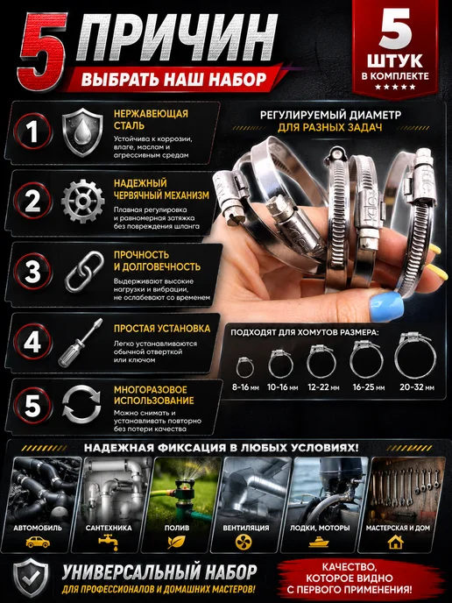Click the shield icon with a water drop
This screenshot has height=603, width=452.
82,132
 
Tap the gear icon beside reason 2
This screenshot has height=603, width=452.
82,202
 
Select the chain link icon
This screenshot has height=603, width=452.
84,272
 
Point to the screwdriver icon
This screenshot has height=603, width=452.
80,343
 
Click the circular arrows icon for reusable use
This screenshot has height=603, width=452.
81,405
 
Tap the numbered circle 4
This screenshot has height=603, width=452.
32,342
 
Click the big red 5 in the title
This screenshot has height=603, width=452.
41,52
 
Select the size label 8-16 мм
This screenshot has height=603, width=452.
245,387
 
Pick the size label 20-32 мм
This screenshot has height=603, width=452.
417,387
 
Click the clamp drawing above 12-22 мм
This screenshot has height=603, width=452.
321,361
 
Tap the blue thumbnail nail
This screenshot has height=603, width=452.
386,306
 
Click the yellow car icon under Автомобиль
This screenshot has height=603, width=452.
38,543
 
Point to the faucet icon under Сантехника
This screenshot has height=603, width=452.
108,542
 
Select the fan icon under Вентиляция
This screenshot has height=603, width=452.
244,542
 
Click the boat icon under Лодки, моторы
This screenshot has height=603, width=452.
319,543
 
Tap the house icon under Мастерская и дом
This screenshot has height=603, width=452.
396,542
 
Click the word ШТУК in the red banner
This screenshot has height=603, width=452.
395,60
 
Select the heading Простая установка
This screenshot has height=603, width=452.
162,329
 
